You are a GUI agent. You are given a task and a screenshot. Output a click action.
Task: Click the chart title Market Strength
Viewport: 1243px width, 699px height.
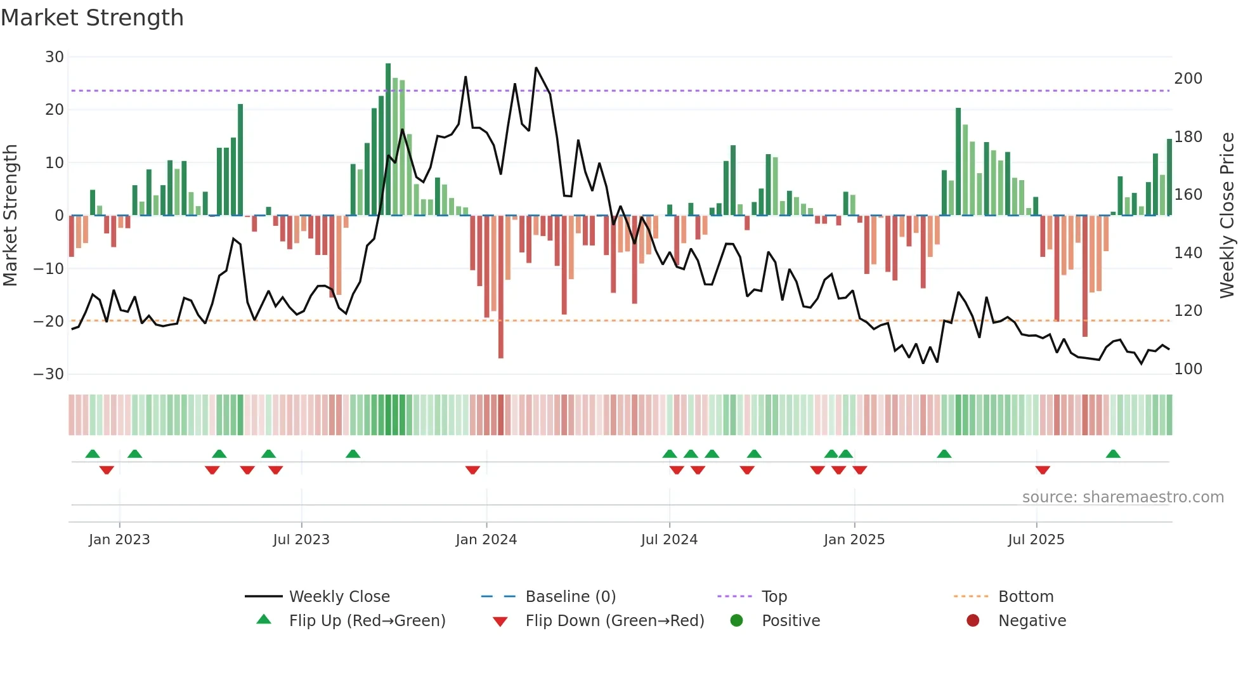point(92,18)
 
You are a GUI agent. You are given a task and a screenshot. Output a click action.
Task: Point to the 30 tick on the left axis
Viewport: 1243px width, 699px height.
point(55,57)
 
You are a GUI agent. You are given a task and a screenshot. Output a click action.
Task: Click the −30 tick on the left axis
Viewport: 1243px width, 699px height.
point(49,374)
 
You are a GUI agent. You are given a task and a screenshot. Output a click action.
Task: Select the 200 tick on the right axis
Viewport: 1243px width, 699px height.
point(1188,79)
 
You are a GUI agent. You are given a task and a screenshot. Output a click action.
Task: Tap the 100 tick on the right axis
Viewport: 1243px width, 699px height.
point(1188,369)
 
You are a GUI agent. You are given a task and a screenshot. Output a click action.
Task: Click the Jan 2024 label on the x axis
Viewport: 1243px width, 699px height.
point(486,540)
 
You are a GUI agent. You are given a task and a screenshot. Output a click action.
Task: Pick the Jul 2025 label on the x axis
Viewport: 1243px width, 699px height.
point(1036,540)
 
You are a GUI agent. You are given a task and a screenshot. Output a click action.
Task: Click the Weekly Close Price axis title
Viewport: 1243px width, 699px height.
point(1227,216)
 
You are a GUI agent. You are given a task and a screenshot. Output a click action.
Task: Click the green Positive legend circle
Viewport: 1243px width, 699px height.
point(736,621)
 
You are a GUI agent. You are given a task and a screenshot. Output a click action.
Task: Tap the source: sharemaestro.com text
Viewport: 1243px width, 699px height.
point(1123,497)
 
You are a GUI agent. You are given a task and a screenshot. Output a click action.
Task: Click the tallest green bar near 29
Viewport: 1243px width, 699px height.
point(388,140)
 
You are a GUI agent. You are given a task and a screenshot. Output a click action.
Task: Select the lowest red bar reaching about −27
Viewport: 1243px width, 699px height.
point(501,287)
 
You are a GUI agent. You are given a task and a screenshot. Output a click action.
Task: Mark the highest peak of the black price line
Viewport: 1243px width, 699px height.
point(536,68)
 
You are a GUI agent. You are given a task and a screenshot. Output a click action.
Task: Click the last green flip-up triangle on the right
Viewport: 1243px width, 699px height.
point(1113,454)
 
